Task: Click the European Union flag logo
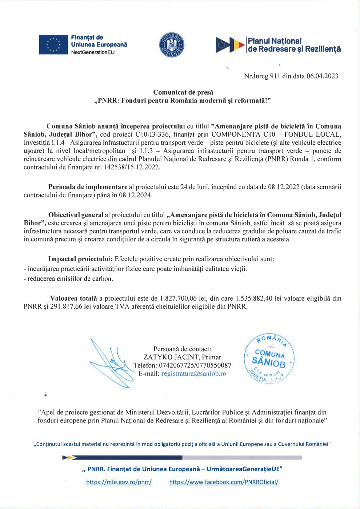[53, 45]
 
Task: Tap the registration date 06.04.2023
[322, 76]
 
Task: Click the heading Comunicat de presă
[183, 92]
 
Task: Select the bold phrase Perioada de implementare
[88, 187]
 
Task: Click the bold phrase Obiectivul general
[76, 215]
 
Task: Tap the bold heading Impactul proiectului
[80, 259]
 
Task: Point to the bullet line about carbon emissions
[68, 279]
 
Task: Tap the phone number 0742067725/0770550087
[195, 365]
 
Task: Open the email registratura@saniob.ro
[194, 373]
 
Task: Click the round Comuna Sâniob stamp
[269, 358]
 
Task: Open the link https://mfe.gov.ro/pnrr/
[119, 482]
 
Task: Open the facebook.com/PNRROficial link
[224, 482]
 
